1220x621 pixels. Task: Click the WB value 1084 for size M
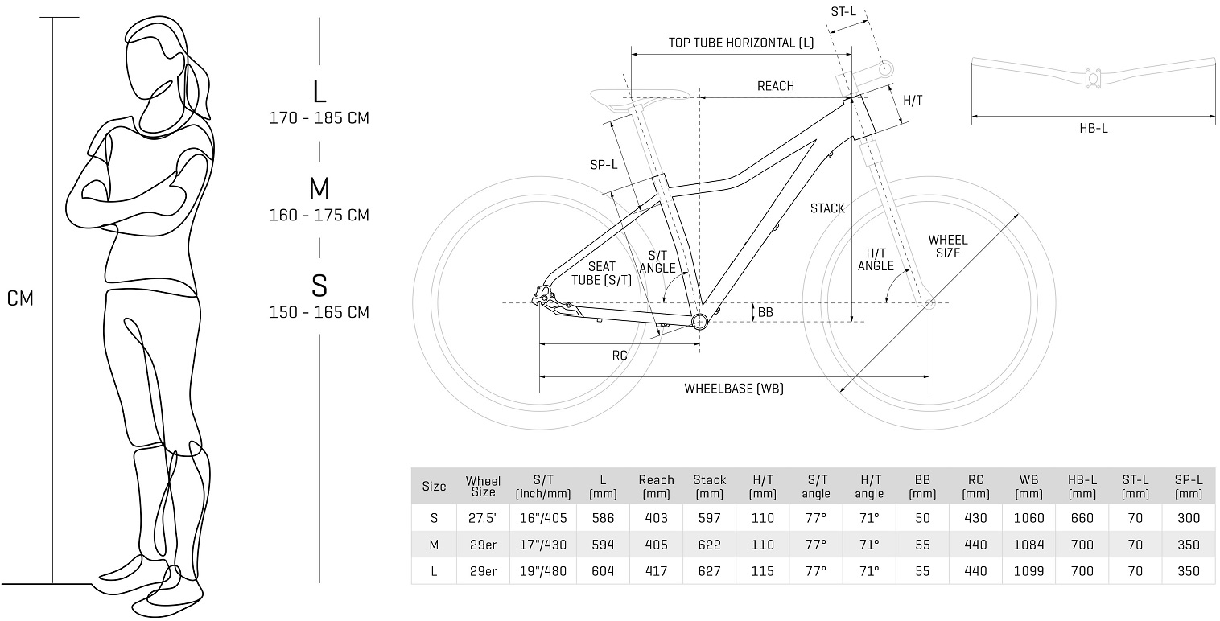pos(1028,545)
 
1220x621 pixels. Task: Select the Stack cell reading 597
pos(709,519)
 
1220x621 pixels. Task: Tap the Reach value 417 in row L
pos(656,570)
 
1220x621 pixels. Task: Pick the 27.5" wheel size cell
pos(483,519)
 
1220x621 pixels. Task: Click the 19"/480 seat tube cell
pos(542,570)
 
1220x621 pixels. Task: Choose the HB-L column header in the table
pos(1082,486)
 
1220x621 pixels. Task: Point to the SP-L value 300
pos(1188,519)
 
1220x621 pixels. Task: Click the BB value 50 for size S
pos(922,519)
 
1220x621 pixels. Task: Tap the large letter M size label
pos(319,189)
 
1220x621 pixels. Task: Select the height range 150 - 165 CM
pos(319,312)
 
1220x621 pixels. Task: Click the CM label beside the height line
pos(21,299)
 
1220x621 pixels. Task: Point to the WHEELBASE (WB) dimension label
pos(734,389)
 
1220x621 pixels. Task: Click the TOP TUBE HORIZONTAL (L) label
pos(741,43)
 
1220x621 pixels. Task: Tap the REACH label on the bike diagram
pos(775,86)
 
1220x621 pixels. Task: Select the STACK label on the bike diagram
pos(827,208)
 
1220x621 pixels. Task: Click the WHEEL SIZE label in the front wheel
pos(948,246)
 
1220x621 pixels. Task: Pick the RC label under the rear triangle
pos(619,355)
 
